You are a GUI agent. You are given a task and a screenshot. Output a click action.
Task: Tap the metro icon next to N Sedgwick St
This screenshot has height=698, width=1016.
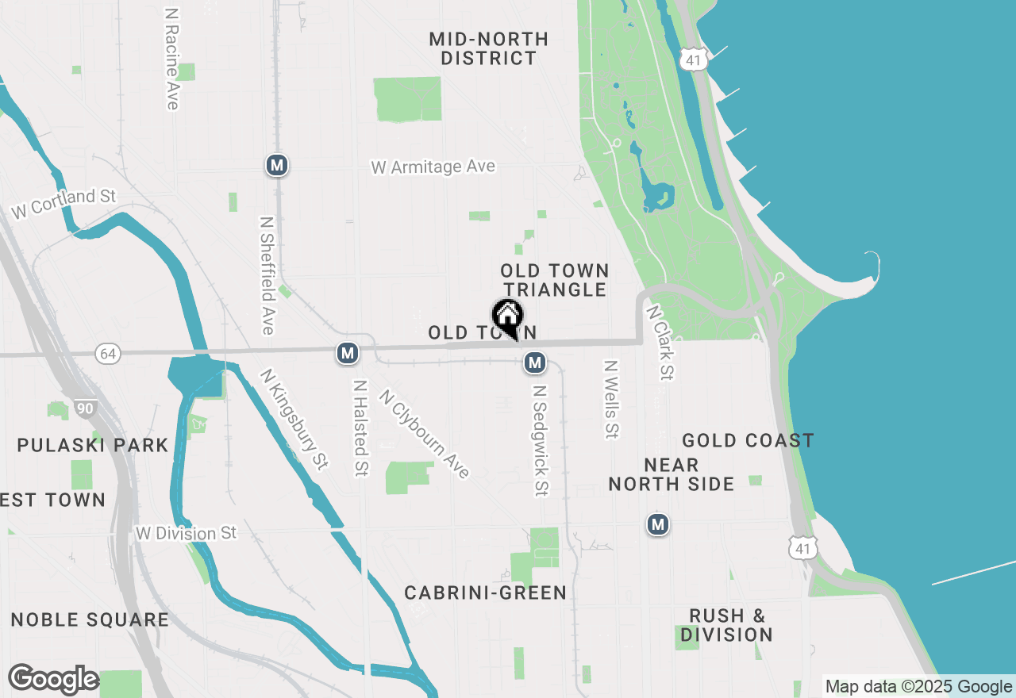click(535, 362)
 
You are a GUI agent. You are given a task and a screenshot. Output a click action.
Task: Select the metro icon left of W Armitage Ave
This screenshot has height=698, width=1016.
click(276, 165)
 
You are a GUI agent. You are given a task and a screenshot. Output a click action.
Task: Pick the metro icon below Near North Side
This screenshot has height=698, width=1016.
click(657, 524)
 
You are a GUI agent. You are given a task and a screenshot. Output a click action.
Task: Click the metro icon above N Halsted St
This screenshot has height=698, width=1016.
click(347, 353)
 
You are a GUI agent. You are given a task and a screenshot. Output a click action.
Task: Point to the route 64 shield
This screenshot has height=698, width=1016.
click(107, 354)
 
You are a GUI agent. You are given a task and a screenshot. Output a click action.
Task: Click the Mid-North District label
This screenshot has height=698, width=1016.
click(488, 48)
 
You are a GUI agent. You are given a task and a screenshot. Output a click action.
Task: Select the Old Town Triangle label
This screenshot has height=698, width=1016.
click(554, 281)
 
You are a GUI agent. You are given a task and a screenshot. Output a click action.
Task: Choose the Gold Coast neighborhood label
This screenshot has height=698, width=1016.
click(748, 440)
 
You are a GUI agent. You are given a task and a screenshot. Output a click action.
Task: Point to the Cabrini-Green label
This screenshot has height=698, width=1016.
click(485, 593)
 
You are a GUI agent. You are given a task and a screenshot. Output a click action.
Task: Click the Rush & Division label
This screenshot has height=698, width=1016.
click(726, 625)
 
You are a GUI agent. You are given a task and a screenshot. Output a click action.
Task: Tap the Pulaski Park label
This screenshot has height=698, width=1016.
click(93, 445)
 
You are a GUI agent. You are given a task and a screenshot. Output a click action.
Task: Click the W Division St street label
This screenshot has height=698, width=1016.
click(186, 533)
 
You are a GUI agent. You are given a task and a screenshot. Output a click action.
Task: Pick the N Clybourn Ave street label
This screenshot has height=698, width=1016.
click(424, 433)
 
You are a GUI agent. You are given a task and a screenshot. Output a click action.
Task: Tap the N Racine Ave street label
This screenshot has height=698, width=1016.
click(171, 59)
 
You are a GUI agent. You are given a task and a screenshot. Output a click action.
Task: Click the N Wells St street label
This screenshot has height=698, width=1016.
click(611, 400)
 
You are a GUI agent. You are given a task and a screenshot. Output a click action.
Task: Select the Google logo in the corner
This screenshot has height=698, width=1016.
click(53, 679)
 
